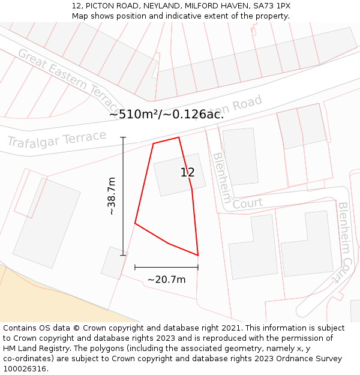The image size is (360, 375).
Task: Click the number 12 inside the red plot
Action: (x=187, y=173)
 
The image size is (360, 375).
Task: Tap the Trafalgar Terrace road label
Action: (x=56, y=140)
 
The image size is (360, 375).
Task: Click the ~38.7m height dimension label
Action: (x=112, y=196)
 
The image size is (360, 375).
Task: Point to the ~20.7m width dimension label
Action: (x=166, y=279)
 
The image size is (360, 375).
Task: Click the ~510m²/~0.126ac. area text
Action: (x=166, y=114)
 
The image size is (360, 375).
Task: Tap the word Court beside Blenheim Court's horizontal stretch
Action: (x=247, y=204)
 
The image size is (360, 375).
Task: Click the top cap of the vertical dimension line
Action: (x=123, y=137)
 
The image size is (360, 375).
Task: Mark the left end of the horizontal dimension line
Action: (x=135, y=267)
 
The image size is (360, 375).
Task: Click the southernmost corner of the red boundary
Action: (x=197, y=256)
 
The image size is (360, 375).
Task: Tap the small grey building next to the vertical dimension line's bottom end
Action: (x=113, y=263)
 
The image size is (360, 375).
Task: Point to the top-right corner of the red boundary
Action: (x=179, y=137)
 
